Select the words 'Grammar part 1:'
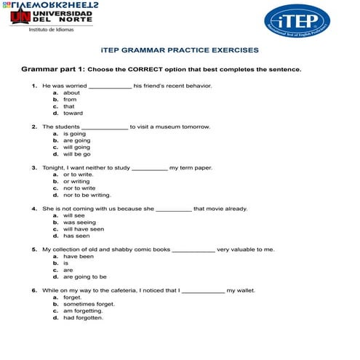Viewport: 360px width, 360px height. point(52,70)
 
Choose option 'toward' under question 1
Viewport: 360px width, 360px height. point(73,113)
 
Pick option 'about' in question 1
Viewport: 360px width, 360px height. point(71,93)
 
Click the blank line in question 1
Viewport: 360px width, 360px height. point(110,87)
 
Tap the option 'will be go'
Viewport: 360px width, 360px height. point(76,154)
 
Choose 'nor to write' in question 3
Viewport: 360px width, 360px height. point(79,188)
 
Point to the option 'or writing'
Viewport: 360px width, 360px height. point(76,182)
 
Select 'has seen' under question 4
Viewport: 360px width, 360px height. point(76,236)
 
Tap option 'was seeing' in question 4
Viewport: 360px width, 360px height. point(79,223)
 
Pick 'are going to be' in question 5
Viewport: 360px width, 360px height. point(84,276)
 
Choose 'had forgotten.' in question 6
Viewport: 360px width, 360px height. point(83,317)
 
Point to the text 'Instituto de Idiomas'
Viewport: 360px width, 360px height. point(50,30)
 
